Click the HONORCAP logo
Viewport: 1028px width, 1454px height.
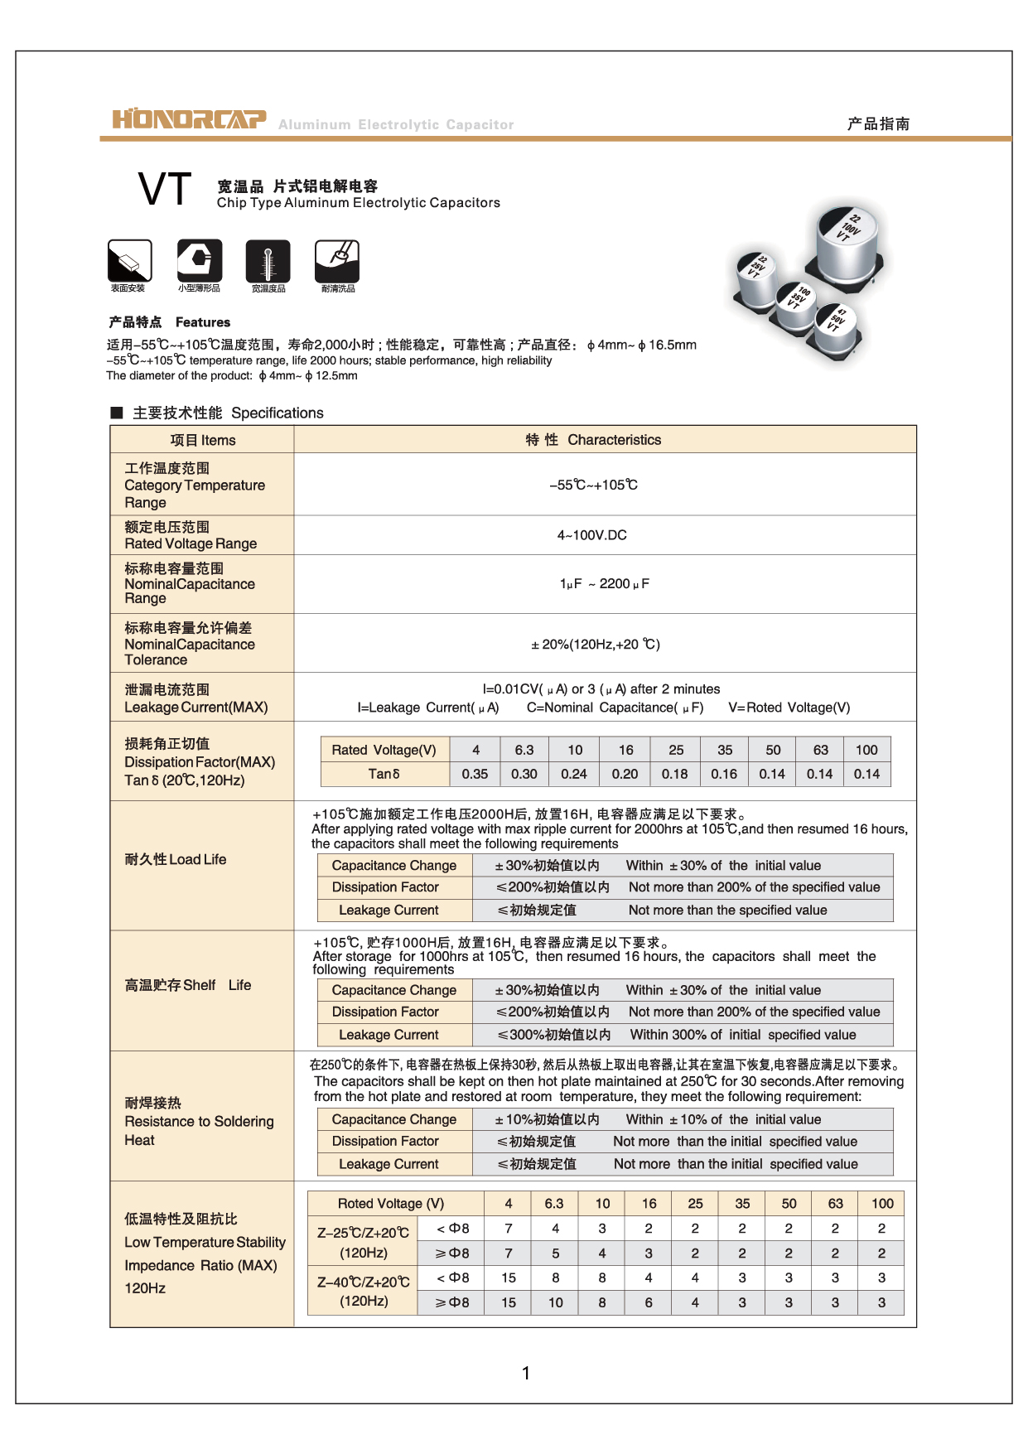click(x=189, y=120)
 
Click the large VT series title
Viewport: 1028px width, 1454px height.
click(x=165, y=190)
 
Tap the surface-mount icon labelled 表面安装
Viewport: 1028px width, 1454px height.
click(x=129, y=261)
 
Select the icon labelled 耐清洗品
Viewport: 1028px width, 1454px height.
click(x=337, y=261)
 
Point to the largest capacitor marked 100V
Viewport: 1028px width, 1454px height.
click(x=847, y=240)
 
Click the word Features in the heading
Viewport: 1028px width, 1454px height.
click(x=203, y=322)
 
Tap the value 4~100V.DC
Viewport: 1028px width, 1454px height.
click(x=591, y=535)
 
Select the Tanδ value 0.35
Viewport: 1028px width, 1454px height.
click(x=475, y=774)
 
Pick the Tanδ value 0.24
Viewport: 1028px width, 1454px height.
click(x=573, y=774)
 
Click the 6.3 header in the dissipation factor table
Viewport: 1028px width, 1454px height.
click(x=524, y=750)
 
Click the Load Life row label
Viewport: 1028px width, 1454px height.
click(x=176, y=859)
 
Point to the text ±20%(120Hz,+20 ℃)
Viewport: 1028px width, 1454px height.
click(x=595, y=644)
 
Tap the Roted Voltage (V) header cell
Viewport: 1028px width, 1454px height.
click(x=390, y=1203)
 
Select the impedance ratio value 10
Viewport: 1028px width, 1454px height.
click(x=555, y=1302)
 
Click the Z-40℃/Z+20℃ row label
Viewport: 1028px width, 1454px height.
click(x=364, y=1291)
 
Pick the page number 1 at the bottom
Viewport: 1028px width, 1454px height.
click(x=525, y=1373)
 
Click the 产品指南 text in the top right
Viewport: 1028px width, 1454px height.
click(x=878, y=123)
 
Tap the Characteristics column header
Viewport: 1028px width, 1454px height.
click(x=614, y=440)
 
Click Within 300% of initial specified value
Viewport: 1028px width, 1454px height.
click(x=743, y=1035)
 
